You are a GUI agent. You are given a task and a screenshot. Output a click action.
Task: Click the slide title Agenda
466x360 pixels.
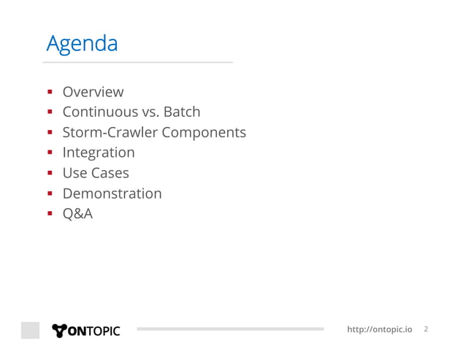pyautogui.click(x=81, y=45)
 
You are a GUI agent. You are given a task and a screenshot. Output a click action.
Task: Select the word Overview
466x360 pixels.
pyautogui.click(x=93, y=92)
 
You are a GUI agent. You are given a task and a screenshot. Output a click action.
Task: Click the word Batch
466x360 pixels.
pyautogui.click(x=181, y=112)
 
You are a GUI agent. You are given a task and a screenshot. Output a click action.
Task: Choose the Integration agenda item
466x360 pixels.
pyautogui.click(x=99, y=153)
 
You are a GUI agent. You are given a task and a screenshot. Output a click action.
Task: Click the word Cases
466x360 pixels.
pyautogui.click(x=110, y=173)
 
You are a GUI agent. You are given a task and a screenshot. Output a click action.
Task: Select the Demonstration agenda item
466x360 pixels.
pyautogui.click(x=112, y=194)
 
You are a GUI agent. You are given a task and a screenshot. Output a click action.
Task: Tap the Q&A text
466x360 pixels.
pyautogui.click(x=77, y=214)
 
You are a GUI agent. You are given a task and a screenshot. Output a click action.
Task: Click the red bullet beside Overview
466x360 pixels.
pyautogui.click(x=50, y=93)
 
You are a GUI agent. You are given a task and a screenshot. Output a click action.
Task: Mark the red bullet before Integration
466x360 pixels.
pyautogui.click(x=50, y=153)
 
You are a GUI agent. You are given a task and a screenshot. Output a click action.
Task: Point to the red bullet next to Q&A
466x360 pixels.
pyautogui.click(x=50, y=215)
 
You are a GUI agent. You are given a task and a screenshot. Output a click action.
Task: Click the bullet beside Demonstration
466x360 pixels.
pyautogui.click(x=50, y=194)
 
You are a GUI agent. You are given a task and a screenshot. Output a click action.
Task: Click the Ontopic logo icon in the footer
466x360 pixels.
pyautogui.click(x=59, y=330)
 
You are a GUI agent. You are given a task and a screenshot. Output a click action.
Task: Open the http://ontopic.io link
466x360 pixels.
pyautogui.click(x=378, y=330)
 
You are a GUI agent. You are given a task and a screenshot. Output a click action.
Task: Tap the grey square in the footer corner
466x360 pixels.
pyautogui.click(x=30, y=330)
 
